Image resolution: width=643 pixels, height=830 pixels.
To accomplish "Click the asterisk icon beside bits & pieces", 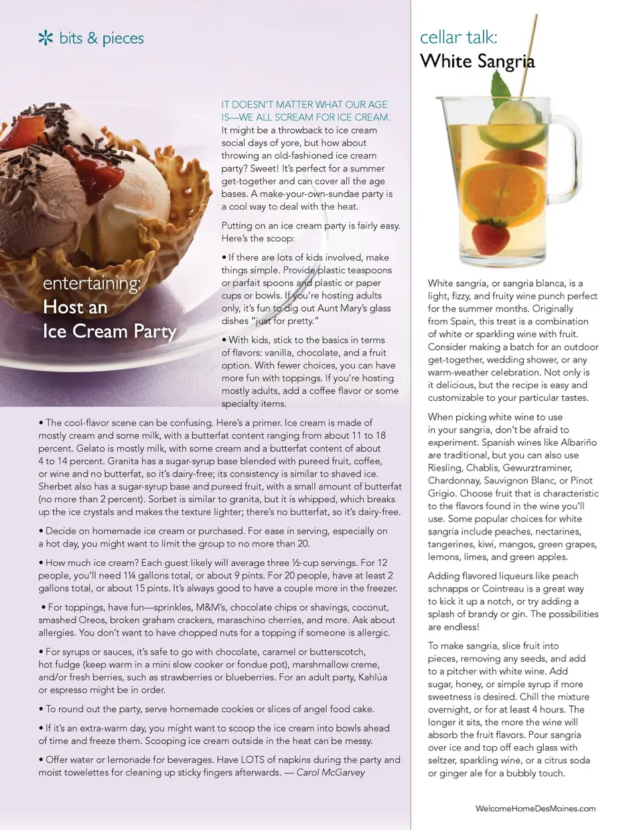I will point(46,38).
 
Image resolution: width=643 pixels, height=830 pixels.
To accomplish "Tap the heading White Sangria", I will point(478,62).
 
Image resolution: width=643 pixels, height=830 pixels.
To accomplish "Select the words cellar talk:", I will point(459,37).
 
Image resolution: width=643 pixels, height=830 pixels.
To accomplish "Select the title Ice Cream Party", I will point(109,331).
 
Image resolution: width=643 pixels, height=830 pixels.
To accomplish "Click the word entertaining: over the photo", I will point(92,283).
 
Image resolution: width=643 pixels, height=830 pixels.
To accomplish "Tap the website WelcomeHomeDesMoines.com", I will point(535,809).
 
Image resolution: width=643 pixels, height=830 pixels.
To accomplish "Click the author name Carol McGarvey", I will point(331,772).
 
